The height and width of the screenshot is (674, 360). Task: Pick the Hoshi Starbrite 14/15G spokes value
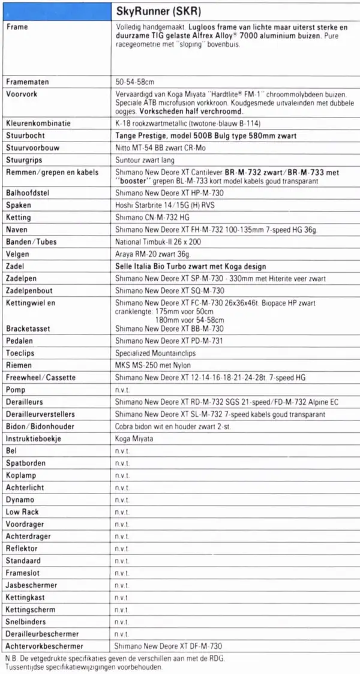156,206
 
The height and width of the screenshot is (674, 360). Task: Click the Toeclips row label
20,353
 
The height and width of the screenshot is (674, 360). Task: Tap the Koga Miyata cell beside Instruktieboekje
134,439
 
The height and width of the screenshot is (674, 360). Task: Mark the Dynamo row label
20,500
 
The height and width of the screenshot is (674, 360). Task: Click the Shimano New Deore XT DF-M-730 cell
169,646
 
